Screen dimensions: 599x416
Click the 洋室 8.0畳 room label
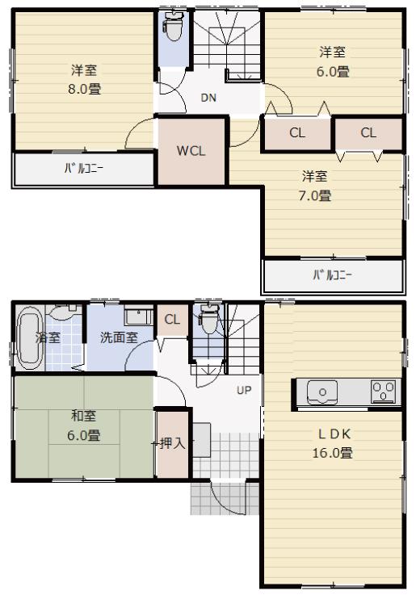(84, 79)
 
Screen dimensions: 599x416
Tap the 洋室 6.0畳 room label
(332, 62)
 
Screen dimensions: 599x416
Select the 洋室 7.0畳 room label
(316, 185)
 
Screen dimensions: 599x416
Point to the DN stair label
(208, 98)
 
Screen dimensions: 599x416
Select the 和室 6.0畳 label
(84, 425)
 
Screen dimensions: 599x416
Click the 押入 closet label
(172, 443)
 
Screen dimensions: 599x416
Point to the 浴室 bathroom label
(48, 337)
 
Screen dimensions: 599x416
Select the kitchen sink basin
(322, 392)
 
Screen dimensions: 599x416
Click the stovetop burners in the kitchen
(383, 392)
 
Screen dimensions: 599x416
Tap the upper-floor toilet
(172, 28)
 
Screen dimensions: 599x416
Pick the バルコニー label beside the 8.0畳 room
(84, 169)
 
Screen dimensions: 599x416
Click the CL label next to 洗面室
(171, 319)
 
